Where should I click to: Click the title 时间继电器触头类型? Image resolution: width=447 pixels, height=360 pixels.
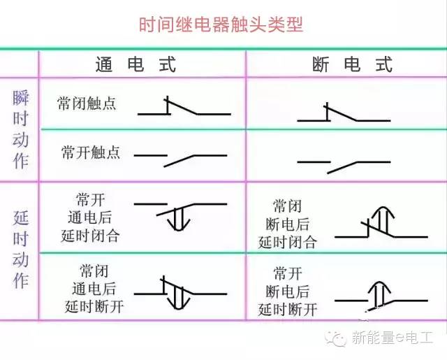pos(221,24)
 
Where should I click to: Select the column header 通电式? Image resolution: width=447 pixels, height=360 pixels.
pos(135,64)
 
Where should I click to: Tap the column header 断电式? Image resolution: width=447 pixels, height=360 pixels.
pos(352,64)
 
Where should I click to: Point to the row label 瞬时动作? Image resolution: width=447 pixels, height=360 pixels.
pos(20,129)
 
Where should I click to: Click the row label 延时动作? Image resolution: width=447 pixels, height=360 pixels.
pos(20,250)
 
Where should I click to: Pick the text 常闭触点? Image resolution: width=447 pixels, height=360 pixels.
pos(87,103)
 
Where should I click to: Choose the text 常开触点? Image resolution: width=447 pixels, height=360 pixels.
pos(91,152)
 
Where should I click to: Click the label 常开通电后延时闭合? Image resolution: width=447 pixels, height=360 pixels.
pos(90,217)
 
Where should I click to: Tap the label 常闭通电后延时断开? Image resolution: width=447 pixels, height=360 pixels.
pos(94,289)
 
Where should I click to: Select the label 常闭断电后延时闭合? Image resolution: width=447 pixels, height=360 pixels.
pos(287,224)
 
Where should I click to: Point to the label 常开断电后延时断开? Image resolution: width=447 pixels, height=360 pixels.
pos(287,291)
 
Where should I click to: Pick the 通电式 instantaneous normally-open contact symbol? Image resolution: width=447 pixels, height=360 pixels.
pos(180,159)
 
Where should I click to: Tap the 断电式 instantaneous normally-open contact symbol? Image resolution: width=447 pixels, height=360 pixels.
pos(344,166)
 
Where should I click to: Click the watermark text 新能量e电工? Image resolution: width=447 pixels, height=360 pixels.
pos(393,338)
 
